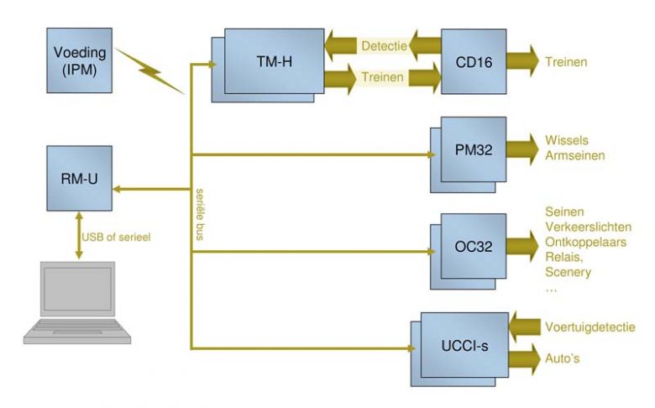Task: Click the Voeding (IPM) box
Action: [80, 60]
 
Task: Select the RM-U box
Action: [80, 178]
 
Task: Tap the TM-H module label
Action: [274, 62]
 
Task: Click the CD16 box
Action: [474, 62]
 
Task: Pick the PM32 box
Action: [474, 149]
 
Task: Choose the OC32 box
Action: [474, 246]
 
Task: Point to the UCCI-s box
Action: [464, 345]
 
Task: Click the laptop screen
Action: [78, 289]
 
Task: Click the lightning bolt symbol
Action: [149, 71]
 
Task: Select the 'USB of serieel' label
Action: [116, 238]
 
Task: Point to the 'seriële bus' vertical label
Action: [200, 215]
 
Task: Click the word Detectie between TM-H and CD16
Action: [384, 46]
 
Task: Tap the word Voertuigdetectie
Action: [590, 327]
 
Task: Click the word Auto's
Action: [563, 358]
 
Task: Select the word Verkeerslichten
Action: [588, 227]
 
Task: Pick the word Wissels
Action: [567, 140]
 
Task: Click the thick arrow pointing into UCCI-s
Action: [525, 327]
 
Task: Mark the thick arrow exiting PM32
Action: [522, 149]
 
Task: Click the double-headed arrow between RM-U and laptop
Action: [79, 235]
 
